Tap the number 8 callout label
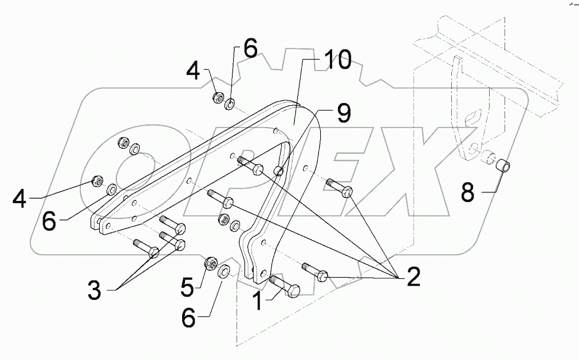coord(468,192)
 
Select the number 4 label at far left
coord(20,200)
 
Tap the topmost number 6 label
coord(250,49)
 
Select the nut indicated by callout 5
coord(209,264)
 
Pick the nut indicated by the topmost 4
coord(218,97)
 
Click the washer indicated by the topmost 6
coord(230,104)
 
